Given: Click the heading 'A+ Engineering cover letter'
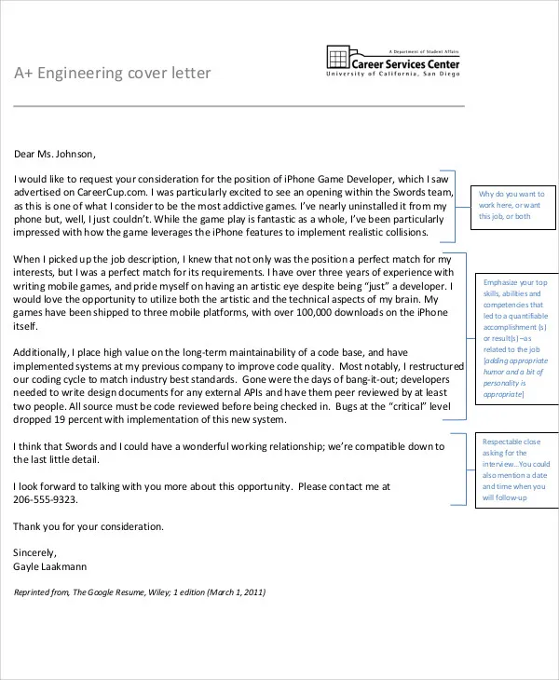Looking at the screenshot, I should point(113,74).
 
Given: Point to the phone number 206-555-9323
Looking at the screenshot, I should point(46,500).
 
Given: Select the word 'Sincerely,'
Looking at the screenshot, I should point(35,551).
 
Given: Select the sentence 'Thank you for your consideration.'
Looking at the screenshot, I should point(89,526).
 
